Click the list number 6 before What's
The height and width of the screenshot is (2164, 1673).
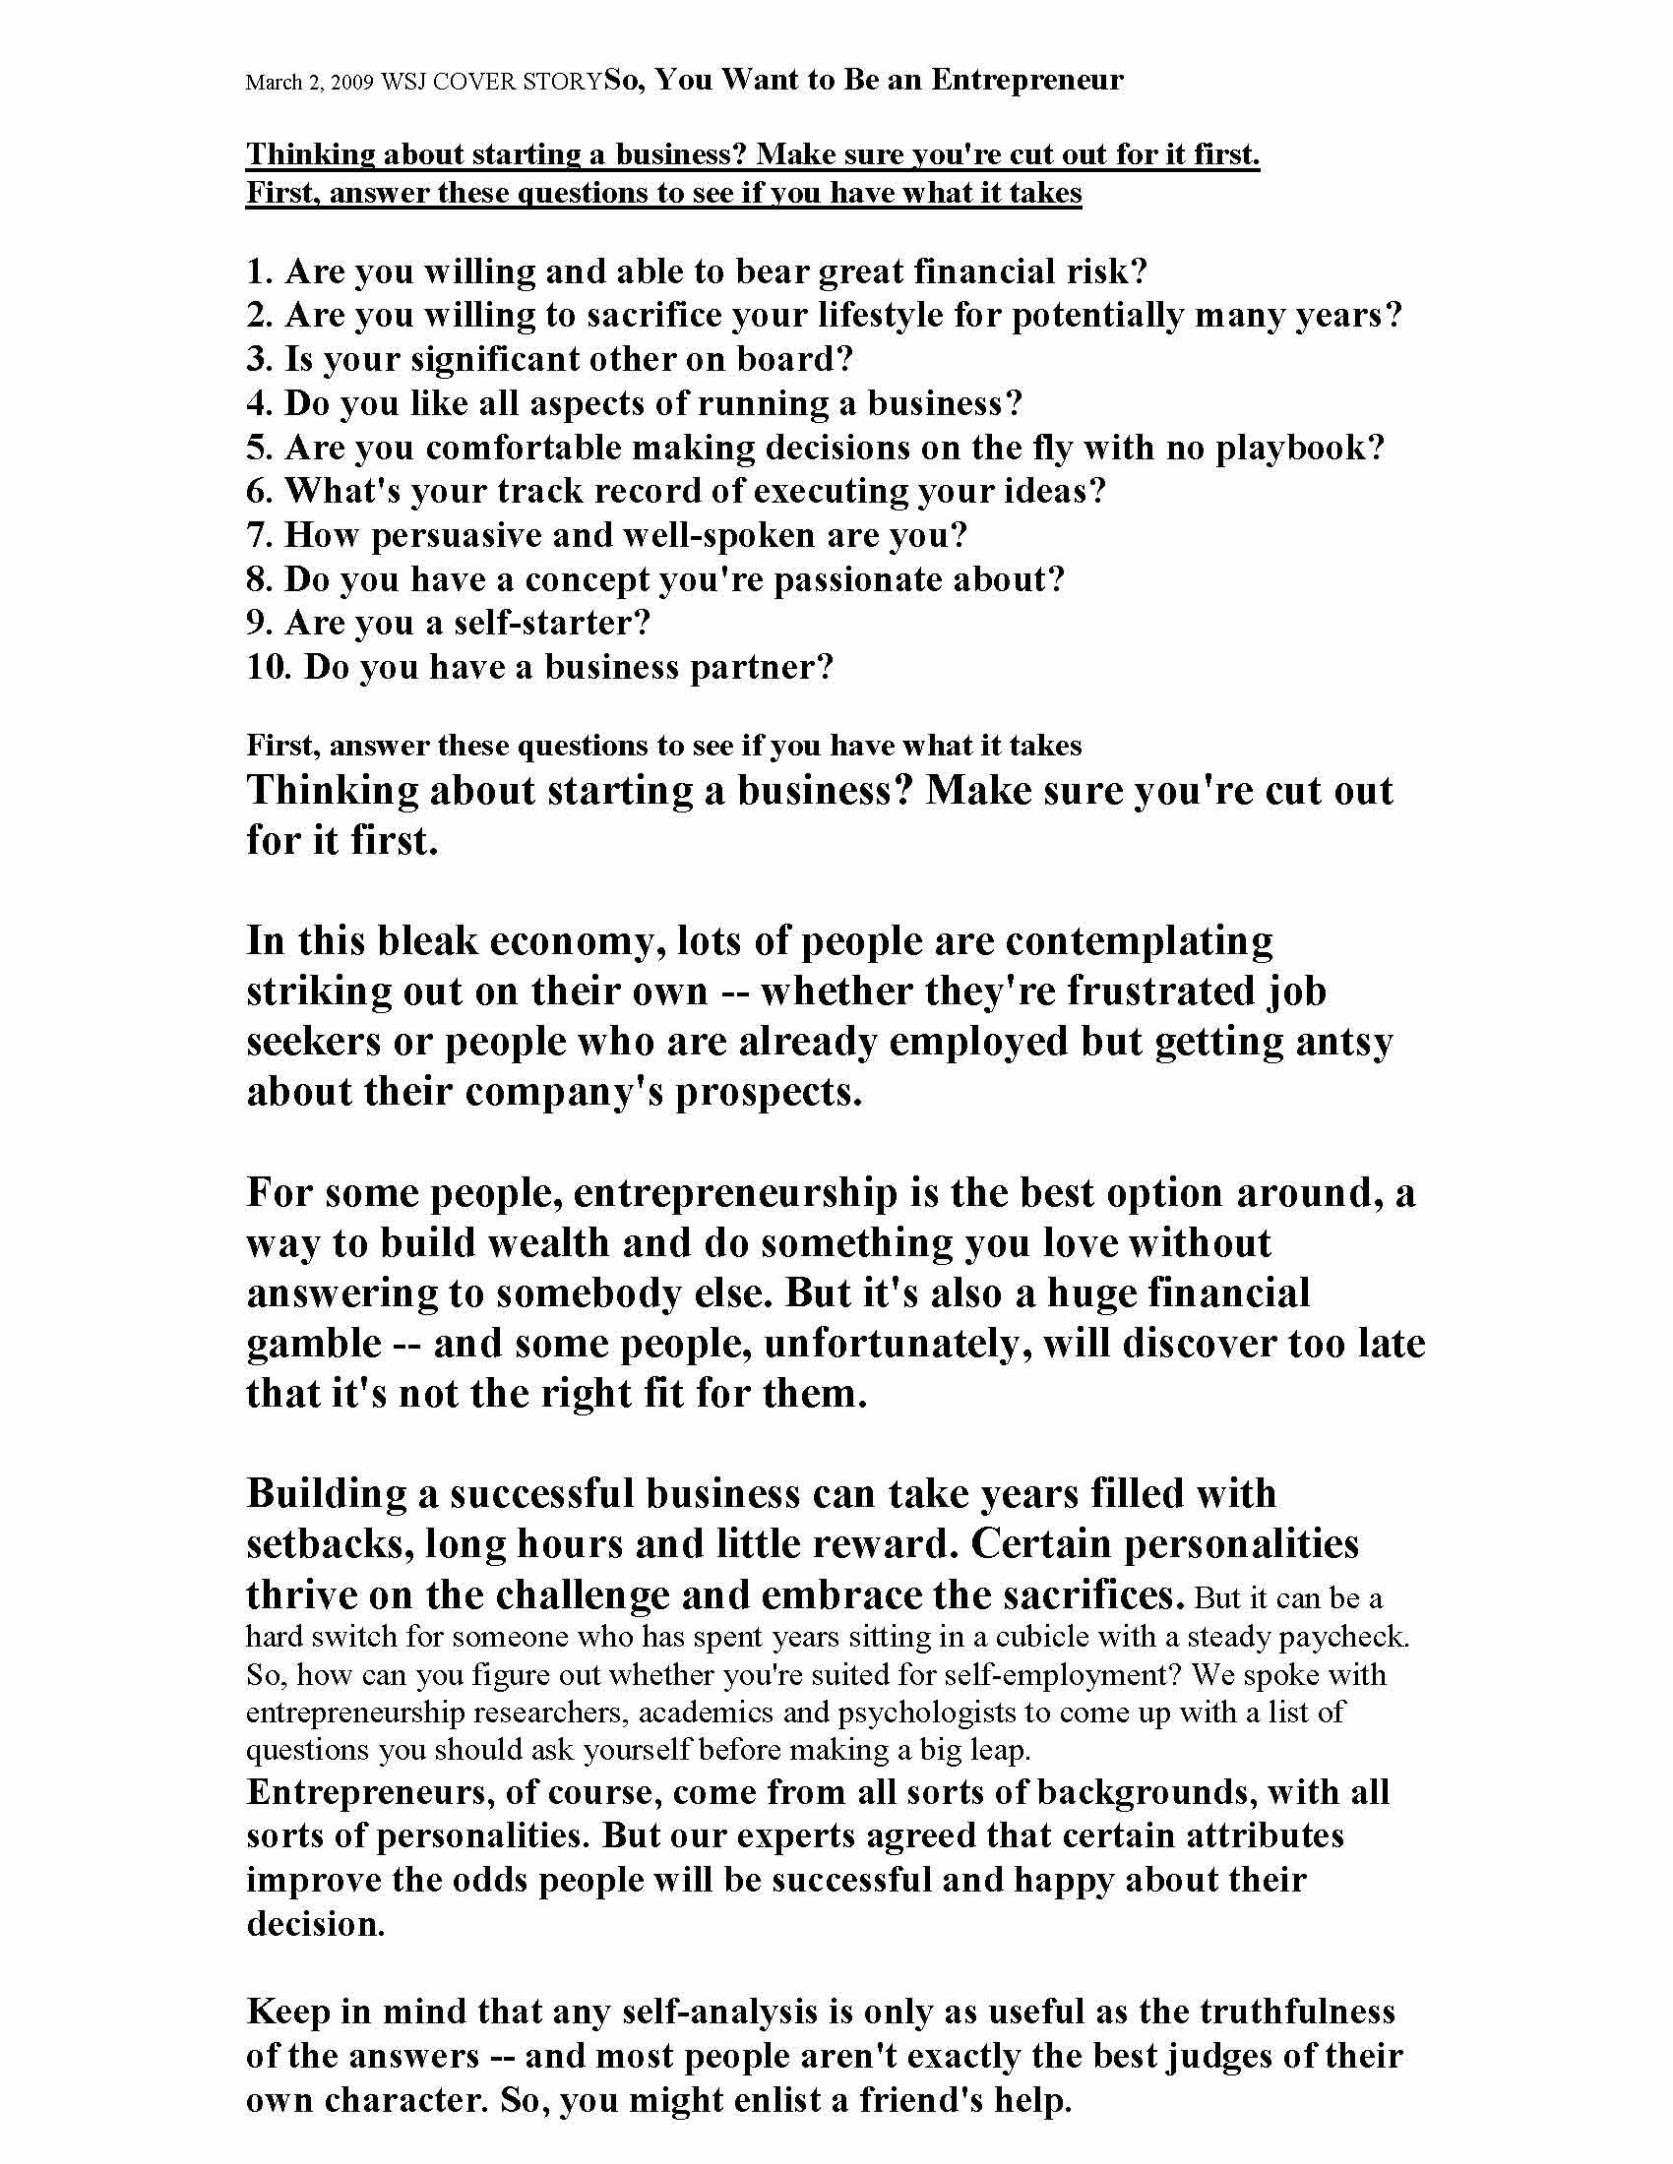[258, 492]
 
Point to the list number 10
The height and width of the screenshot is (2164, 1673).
[267, 668]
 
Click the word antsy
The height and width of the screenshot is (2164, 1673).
[1344, 1042]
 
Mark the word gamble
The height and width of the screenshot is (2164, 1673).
[314, 1344]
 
